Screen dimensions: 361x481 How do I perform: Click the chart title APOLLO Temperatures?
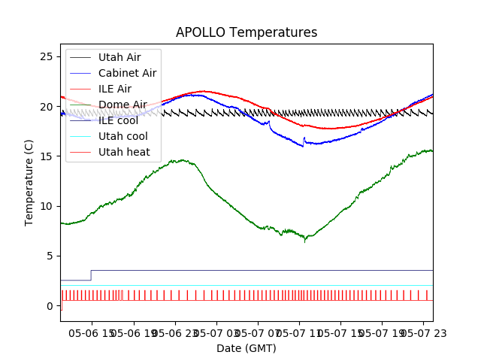point(247,33)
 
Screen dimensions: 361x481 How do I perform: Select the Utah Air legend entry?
point(119,57)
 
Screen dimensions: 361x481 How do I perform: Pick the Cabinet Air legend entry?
point(127,73)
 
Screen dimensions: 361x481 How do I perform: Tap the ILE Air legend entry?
point(114,89)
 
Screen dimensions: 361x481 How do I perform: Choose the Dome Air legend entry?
point(123,105)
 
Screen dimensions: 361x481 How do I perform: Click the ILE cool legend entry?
point(116,120)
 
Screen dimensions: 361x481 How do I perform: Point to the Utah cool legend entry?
point(123,136)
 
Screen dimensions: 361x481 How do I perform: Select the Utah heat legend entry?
point(124,152)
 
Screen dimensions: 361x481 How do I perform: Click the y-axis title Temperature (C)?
point(29,183)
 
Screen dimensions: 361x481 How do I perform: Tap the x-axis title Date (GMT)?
point(247,348)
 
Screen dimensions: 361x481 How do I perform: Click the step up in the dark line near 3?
point(91,275)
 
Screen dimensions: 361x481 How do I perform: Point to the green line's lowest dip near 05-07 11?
point(305,241)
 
